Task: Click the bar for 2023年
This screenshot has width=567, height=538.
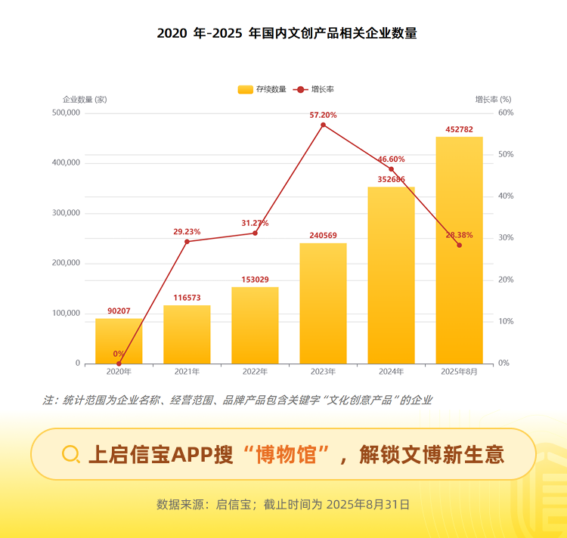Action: pos(323,302)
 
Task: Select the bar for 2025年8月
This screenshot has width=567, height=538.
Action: pos(459,249)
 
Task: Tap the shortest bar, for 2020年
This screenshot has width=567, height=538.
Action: pos(119,341)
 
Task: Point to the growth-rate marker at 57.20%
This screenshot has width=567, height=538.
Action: pos(323,125)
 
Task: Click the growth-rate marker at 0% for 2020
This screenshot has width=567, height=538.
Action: pos(119,363)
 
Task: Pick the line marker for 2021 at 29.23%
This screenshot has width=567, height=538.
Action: pos(187,241)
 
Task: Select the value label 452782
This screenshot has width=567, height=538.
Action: pos(459,130)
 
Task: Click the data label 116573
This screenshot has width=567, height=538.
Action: pos(187,298)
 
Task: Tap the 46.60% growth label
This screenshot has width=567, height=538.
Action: pos(391,159)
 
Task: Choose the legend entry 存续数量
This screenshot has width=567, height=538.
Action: pos(262,89)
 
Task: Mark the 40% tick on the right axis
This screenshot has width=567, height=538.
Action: pos(505,196)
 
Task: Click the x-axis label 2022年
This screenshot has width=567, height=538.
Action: pos(255,372)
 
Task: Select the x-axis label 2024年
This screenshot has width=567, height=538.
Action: pos(391,372)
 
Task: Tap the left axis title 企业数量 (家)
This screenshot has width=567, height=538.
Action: pos(85,99)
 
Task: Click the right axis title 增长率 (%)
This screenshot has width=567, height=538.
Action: pos(493,99)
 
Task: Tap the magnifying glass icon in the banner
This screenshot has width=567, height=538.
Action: pos(71,453)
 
